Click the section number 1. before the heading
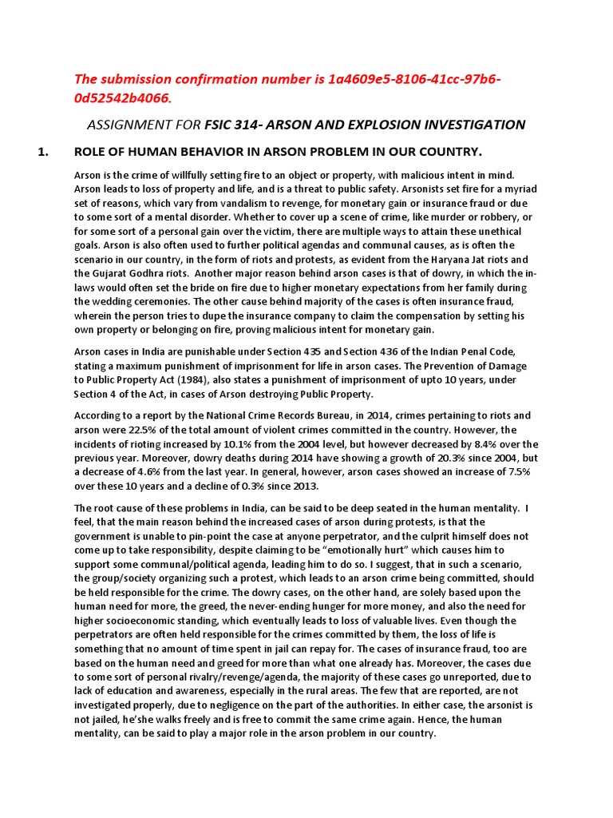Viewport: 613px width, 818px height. pyautogui.click(x=45, y=153)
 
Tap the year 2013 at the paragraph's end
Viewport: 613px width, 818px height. pyautogui.click(x=304, y=486)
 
